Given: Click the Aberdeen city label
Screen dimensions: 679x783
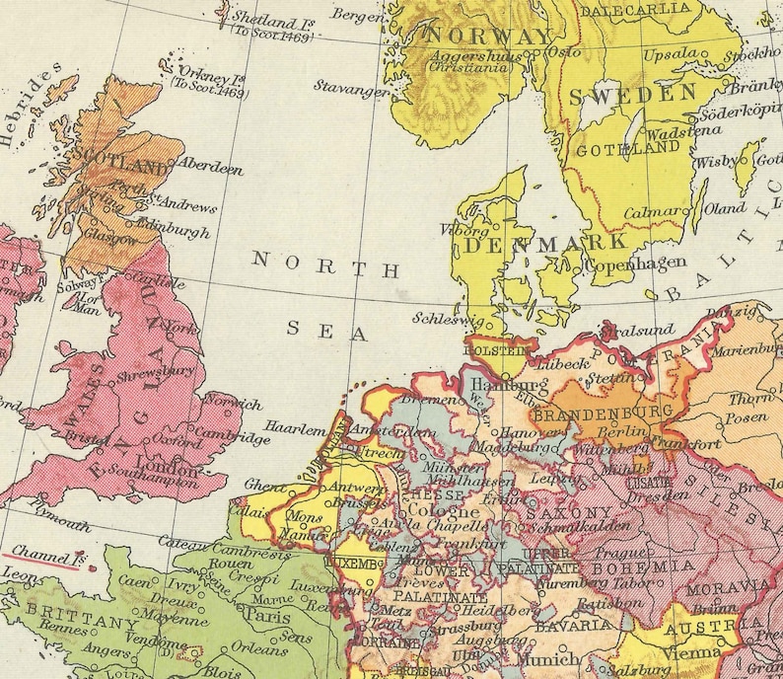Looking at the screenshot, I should (212, 169).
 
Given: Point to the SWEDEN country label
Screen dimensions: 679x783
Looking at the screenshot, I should (633, 95).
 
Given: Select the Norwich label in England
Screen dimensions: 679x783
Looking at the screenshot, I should (236, 404).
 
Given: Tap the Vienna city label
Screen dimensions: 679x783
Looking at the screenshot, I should (692, 652).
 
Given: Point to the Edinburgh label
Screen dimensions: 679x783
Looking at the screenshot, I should (178, 233).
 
